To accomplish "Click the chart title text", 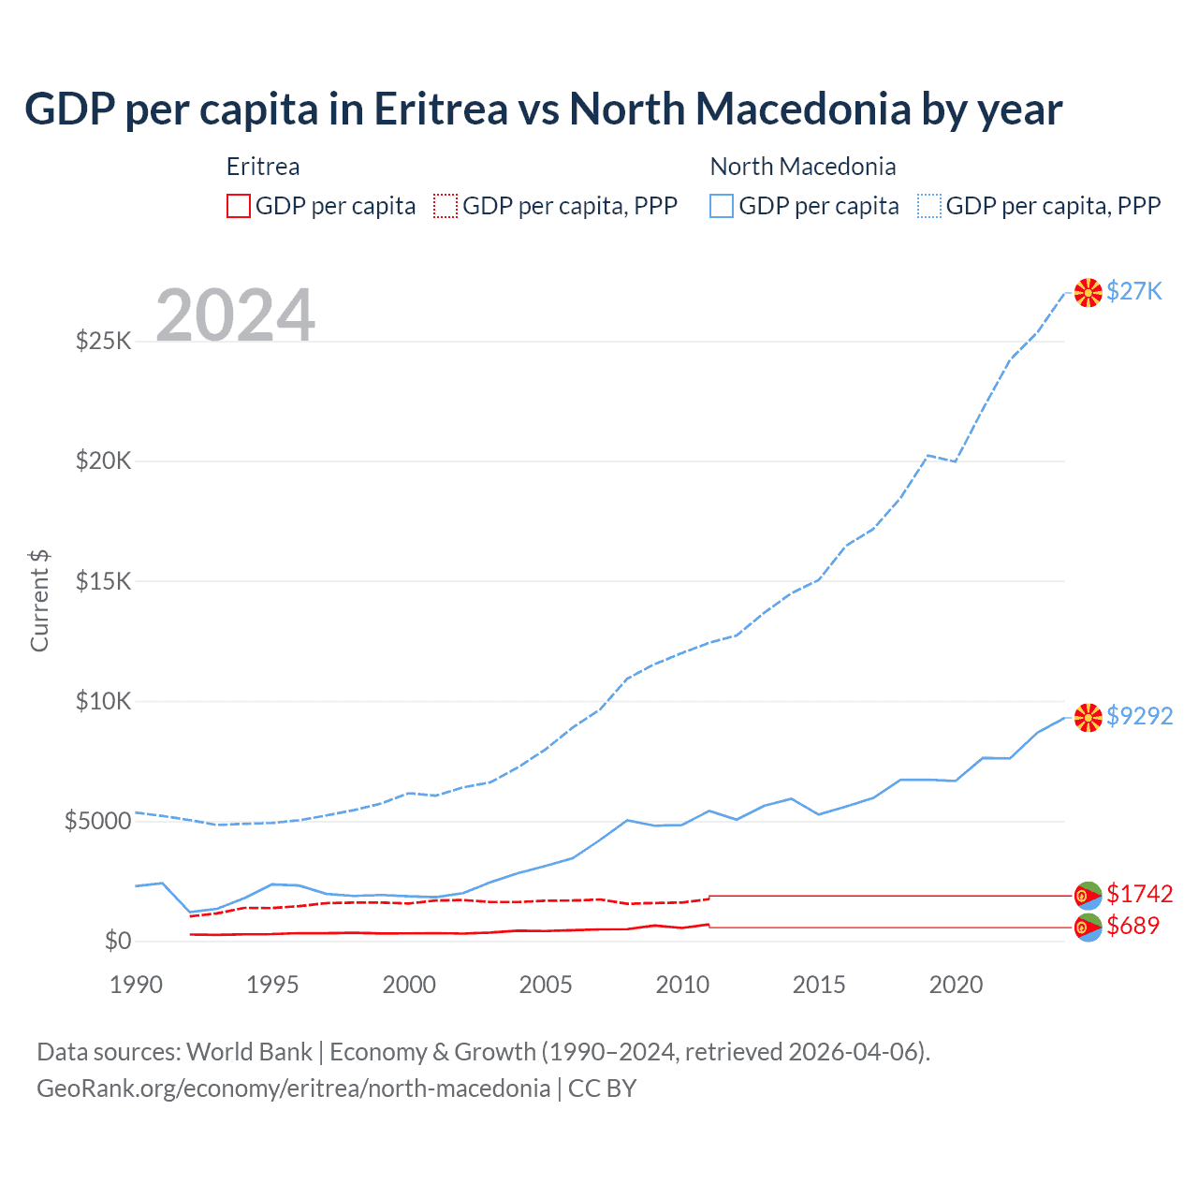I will (543, 109).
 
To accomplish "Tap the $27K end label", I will (1133, 291).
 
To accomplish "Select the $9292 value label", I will (1139, 716).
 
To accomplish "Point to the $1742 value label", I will (1139, 894).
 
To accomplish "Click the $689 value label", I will (1132, 926).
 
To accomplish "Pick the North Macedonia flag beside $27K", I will (1088, 293).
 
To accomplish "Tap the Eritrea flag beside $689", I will (1088, 928).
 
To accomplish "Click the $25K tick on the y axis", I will (104, 341).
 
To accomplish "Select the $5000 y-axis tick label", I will (97, 822).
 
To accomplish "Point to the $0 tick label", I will (117, 941).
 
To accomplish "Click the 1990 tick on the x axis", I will (136, 985).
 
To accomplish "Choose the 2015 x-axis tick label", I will (819, 985).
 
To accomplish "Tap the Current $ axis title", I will (39, 601).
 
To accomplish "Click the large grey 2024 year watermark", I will (235, 315).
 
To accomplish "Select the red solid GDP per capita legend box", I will (239, 206).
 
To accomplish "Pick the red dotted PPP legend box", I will (446, 206).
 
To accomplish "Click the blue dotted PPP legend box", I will (929, 206).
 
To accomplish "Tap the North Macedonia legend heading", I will (803, 167).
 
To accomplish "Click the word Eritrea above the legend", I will (263, 167).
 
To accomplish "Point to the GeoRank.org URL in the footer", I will (293, 1088).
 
